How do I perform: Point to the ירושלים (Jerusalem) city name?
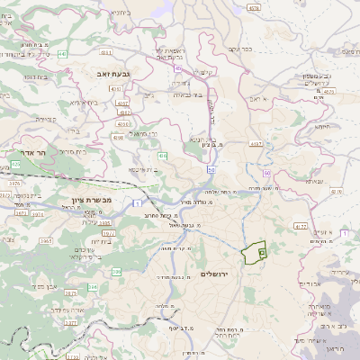point(217,273)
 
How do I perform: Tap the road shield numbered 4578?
point(253,7)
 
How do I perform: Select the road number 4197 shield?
point(256,143)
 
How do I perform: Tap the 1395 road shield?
point(104,221)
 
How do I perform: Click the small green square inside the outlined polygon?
point(261,255)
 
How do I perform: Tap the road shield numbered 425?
point(15,165)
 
